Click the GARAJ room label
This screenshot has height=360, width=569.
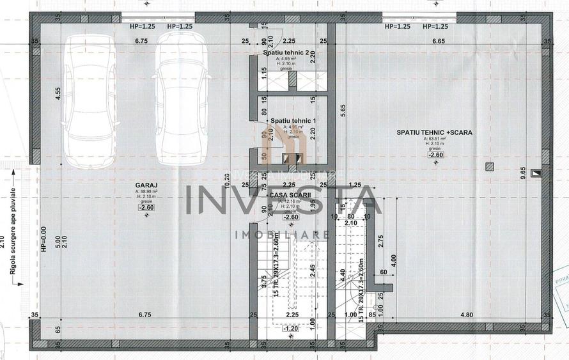point(146,184)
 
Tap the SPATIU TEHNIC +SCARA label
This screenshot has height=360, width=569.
point(434,132)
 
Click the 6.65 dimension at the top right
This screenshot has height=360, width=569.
point(439,41)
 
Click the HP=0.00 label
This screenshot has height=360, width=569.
point(43,240)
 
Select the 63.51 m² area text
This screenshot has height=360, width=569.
point(434,139)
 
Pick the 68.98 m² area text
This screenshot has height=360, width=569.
point(146,191)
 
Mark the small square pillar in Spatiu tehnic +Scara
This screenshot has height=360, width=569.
point(490,168)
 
